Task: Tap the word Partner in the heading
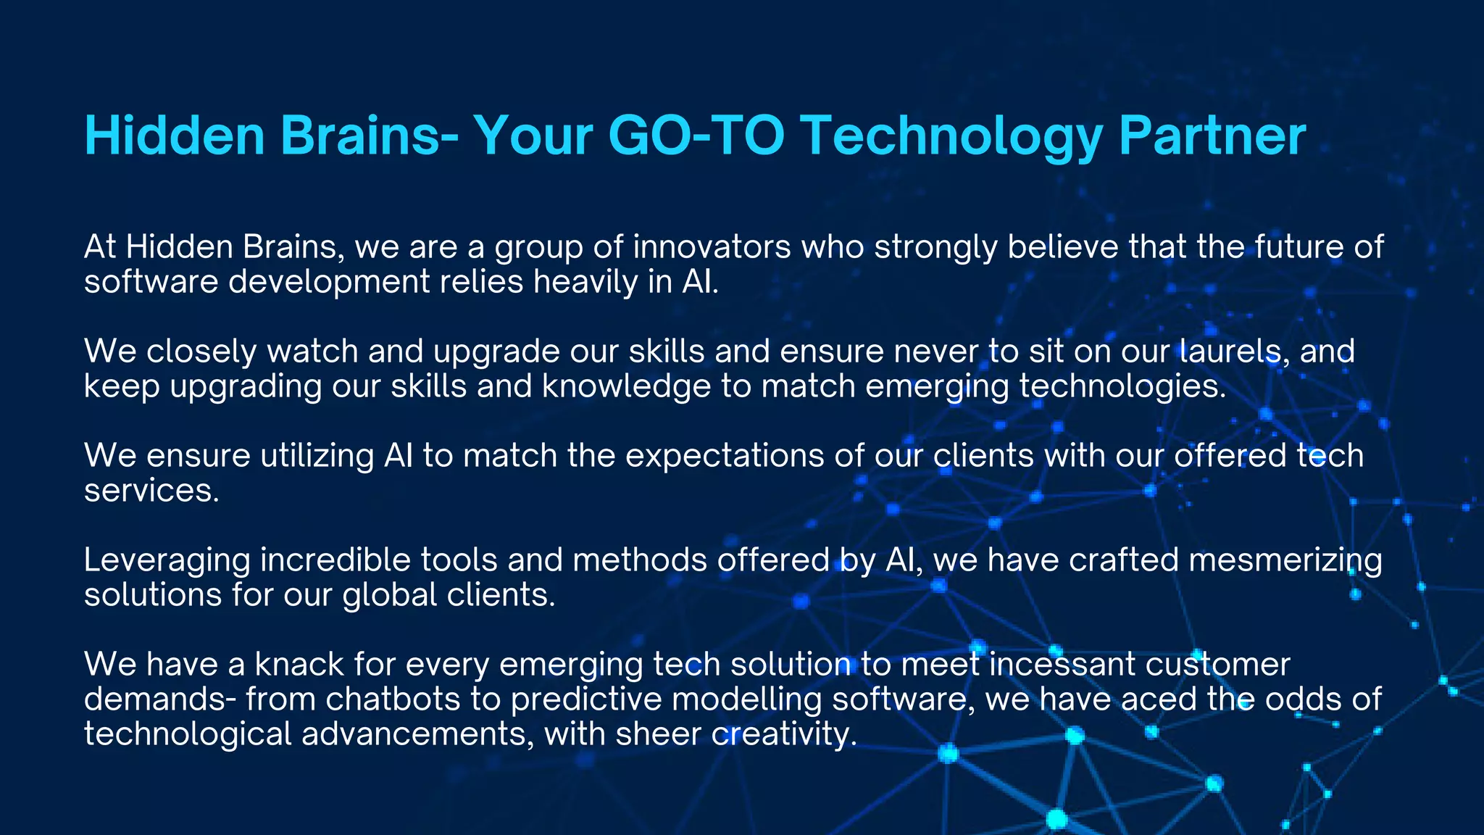click(1212, 136)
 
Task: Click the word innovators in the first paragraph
click(712, 247)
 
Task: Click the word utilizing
click(317, 456)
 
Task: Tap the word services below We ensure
click(151, 491)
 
